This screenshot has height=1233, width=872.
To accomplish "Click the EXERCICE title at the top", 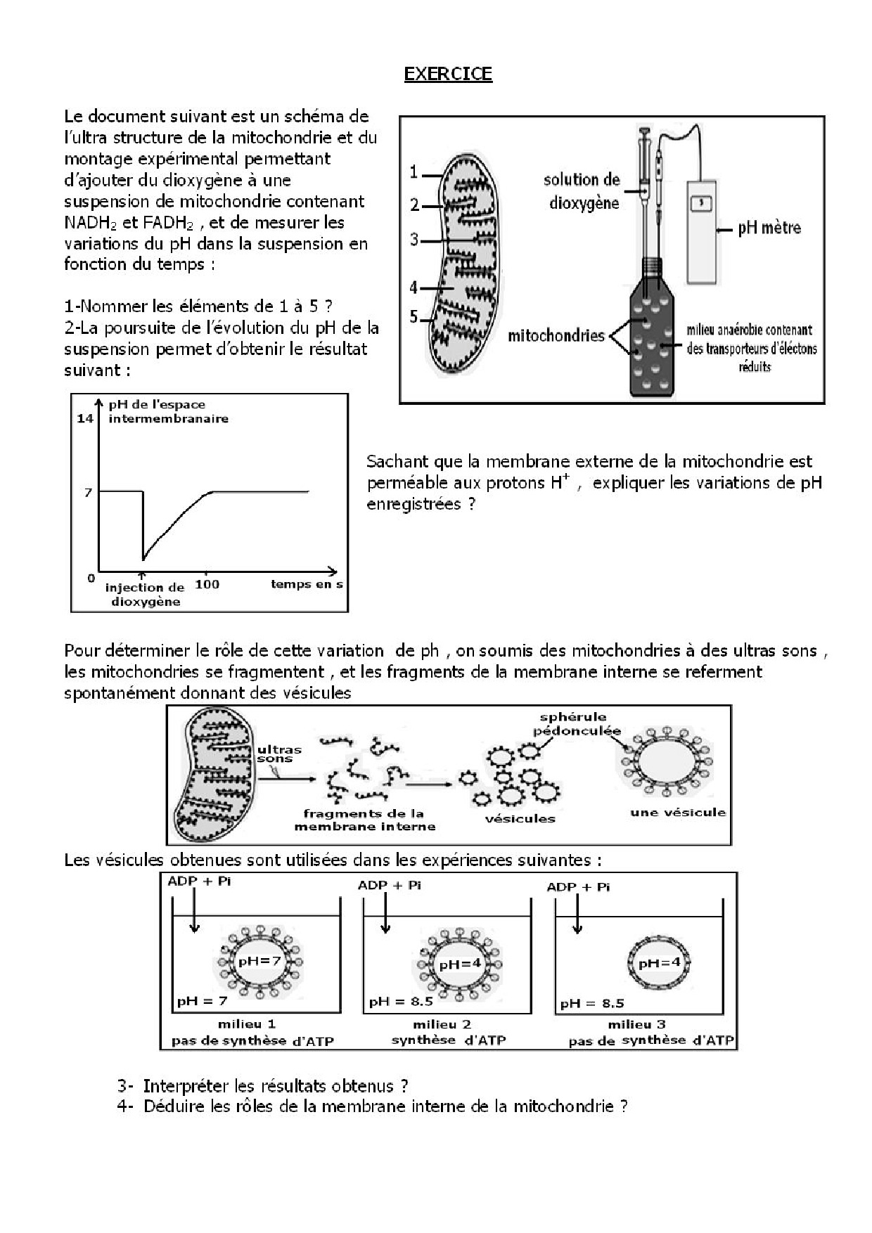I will tap(448, 74).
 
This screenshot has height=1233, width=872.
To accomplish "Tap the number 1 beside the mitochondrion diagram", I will tap(414, 172).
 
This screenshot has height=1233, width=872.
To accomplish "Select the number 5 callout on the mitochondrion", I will tap(414, 317).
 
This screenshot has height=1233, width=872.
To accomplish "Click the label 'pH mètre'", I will tap(769, 228).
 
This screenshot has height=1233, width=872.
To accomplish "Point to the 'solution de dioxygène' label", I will tap(582, 191).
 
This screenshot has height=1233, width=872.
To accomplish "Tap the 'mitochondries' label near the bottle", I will tap(556, 335).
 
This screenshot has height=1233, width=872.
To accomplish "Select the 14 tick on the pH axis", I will tap(85, 418).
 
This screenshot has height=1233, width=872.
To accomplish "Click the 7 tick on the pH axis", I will tap(88, 493).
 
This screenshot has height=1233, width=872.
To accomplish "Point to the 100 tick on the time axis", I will tap(207, 584).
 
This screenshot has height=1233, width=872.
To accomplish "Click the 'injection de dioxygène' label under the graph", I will tap(145, 595).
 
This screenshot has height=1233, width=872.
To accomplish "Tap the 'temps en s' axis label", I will tap(307, 584).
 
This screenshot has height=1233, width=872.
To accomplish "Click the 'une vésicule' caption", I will tap(677, 812).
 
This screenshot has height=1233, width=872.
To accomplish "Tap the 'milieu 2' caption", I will tap(442, 1024).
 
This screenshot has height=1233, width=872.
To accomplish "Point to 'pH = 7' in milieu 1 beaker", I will tap(202, 1000).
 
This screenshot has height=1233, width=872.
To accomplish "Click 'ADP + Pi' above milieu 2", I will tap(389, 885).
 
